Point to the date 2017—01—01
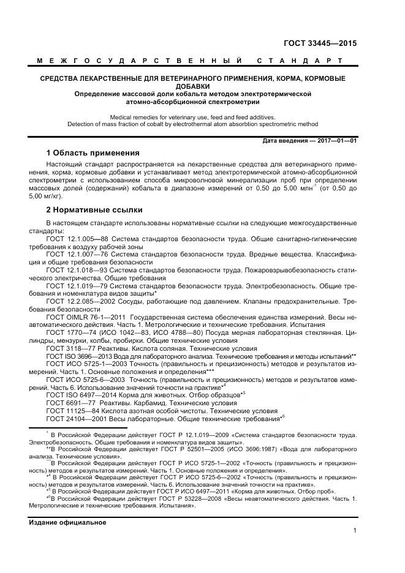pos(336,140)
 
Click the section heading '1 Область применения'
pos(93,152)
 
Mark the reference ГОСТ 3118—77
pos(68,348)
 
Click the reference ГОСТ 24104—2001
pos(74,419)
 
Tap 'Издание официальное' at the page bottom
pos(67,522)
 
